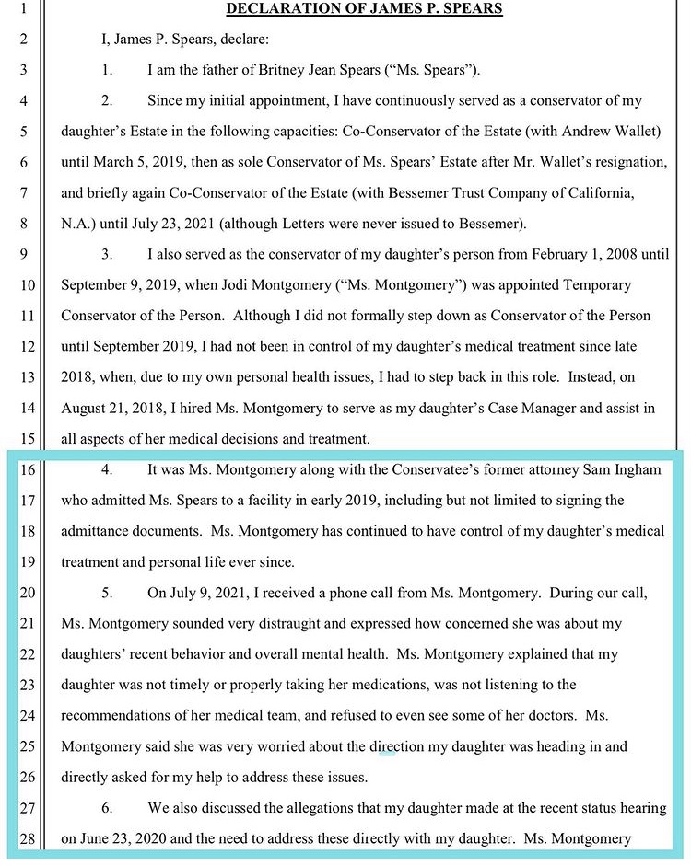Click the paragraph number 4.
coord(107,470)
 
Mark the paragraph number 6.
coord(107,808)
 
